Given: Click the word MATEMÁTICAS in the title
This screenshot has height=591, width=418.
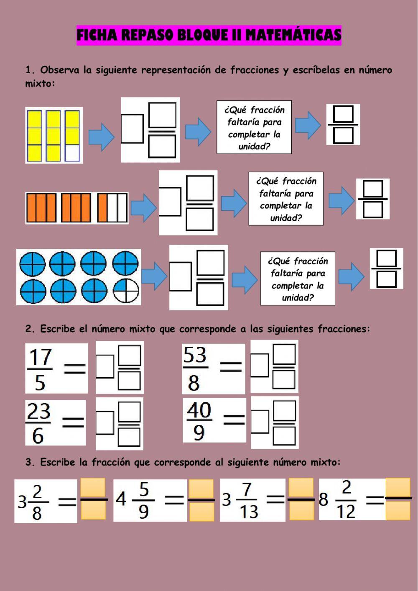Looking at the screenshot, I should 293,35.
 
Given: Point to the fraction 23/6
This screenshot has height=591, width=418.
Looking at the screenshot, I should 38,423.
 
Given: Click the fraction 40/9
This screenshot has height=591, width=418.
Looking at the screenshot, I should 199,421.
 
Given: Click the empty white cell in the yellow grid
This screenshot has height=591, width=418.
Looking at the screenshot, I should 72,153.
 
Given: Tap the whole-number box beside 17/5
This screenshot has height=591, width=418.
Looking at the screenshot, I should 105,366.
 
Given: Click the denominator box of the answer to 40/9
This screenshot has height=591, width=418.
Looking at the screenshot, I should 284,436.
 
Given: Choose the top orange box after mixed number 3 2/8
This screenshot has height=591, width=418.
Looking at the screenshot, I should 93,488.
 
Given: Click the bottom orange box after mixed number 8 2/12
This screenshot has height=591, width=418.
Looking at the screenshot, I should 398,510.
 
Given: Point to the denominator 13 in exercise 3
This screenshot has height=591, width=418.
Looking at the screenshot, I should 249,512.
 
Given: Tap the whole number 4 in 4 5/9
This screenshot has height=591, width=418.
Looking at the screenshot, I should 121,499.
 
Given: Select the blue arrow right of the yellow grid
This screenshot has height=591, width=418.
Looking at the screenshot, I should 101,136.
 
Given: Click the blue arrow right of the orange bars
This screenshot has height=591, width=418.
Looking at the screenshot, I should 143,208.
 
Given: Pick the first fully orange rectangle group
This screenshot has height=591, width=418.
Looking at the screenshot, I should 41,207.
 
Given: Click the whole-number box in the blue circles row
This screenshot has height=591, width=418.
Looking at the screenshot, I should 180,276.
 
